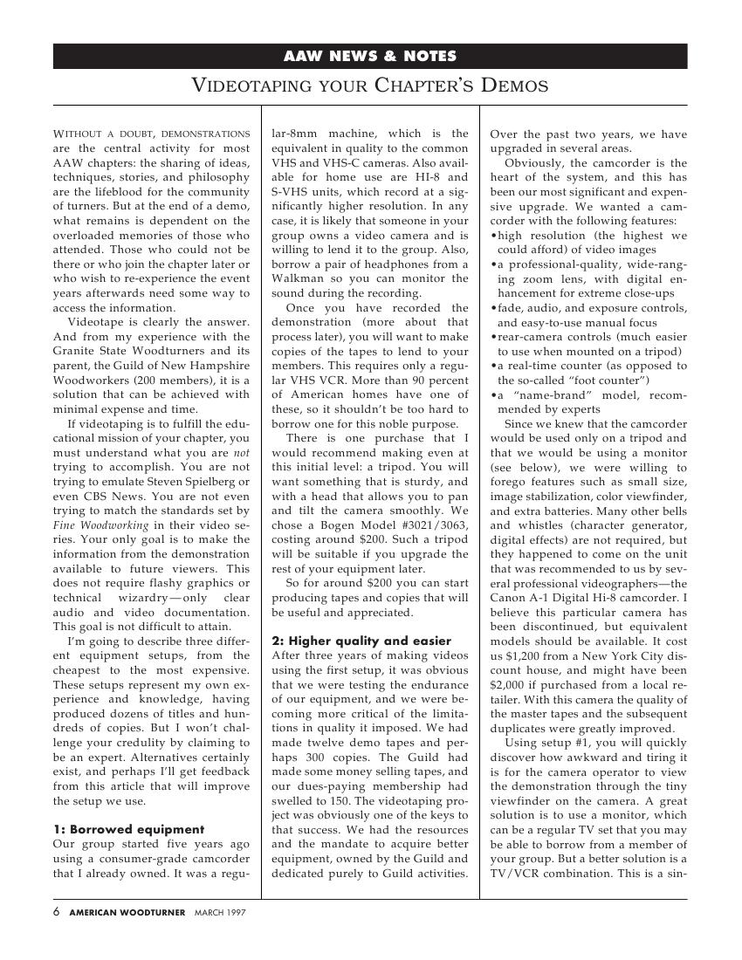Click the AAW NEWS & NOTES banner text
pyautogui.click(x=370, y=57)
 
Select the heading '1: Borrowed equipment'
pyautogui.click(x=128, y=829)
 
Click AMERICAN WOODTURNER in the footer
pyautogui.click(x=127, y=912)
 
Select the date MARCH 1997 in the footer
pyautogui.click(x=220, y=912)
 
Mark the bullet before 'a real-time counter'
pyautogui.click(x=494, y=366)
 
